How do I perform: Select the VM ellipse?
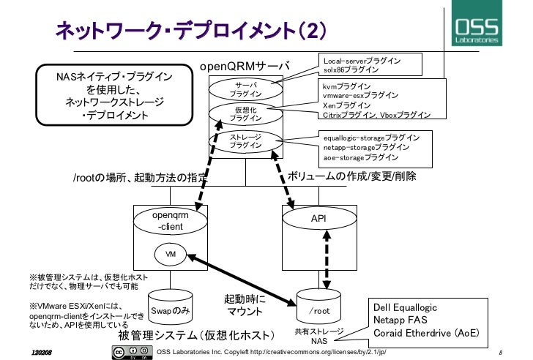click(x=171, y=254)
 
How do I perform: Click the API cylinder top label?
click(x=318, y=218)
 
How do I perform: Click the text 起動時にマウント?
click(x=244, y=306)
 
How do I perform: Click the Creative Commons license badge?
click(x=125, y=352)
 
